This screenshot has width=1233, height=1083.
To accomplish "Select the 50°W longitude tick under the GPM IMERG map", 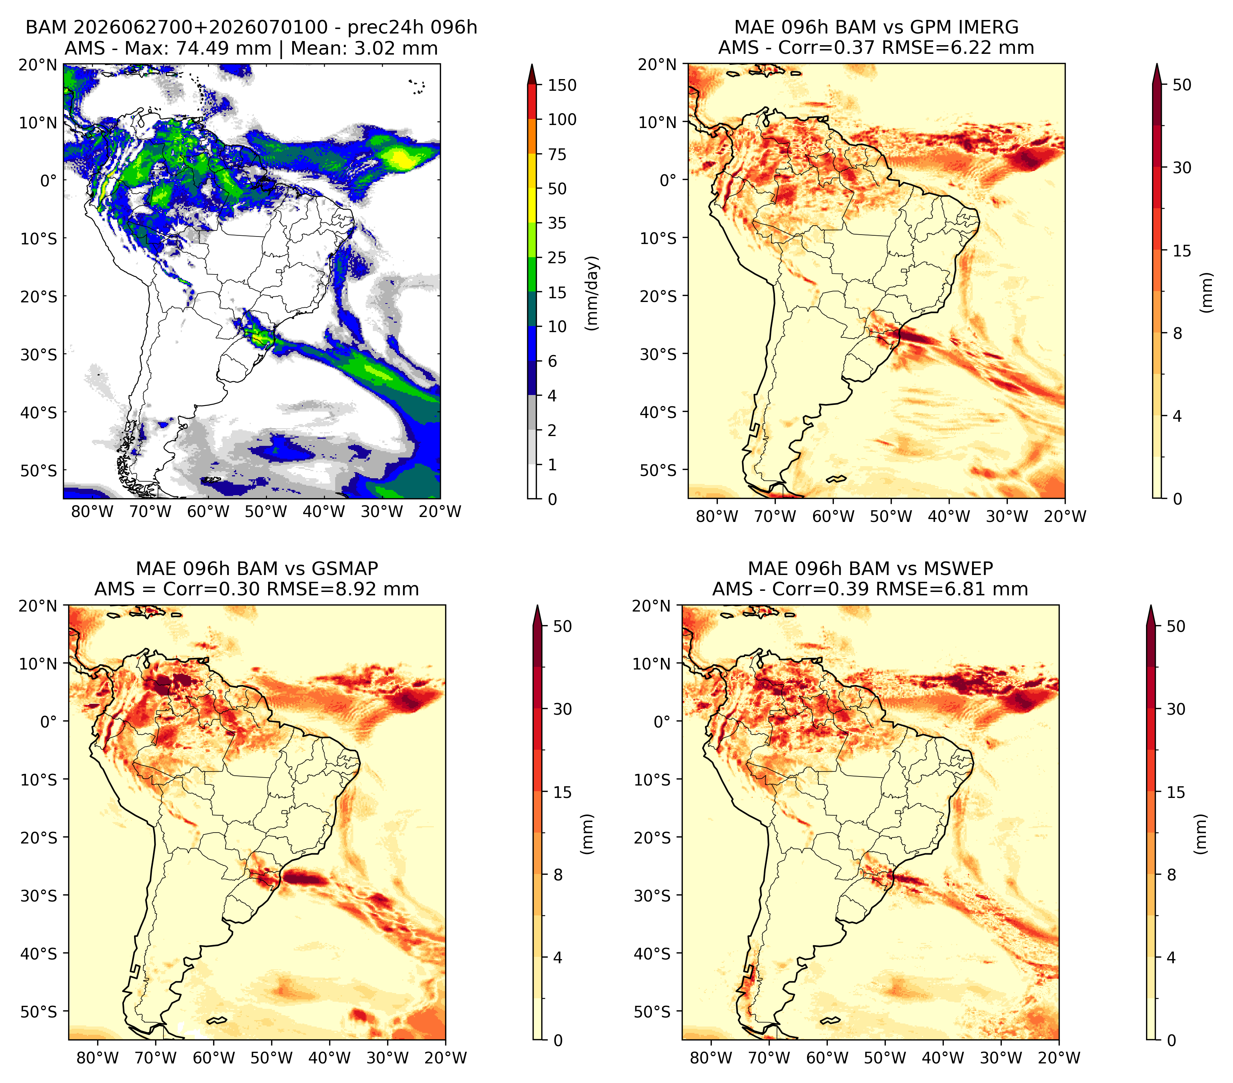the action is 891,516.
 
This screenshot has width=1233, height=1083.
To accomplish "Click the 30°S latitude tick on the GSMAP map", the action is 42,896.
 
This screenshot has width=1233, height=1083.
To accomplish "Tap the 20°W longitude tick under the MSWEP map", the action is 1059,1058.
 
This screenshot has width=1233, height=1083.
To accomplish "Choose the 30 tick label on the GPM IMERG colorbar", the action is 1182,167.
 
